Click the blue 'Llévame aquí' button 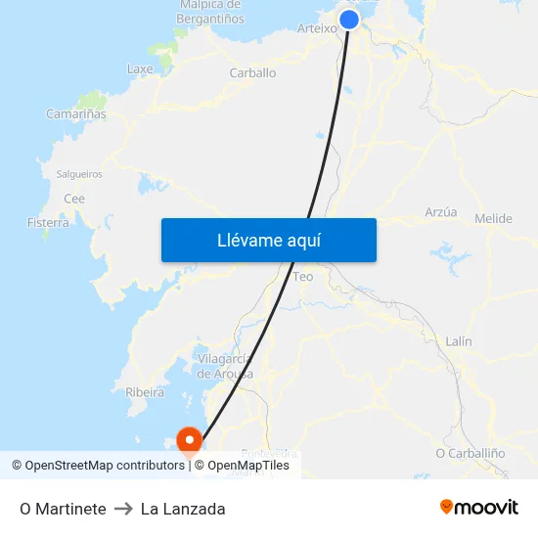pos(268,240)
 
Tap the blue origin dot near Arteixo pos(349,20)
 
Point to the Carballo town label pos(252,72)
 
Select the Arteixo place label pos(316,28)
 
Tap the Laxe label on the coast pos(140,69)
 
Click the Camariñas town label pos(76,113)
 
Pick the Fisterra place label pos(48,223)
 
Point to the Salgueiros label pos(79,174)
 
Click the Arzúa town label pos(441,211)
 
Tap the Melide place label pos(493,218)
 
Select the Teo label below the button pos(303,277)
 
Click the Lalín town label pos(459,341)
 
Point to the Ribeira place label pos(145,392)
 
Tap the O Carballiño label pos(470,453)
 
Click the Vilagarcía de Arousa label pos(225,366)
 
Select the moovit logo pos(479,508)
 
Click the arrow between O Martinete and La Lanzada pos(123,509)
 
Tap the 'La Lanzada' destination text pos(183,509)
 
